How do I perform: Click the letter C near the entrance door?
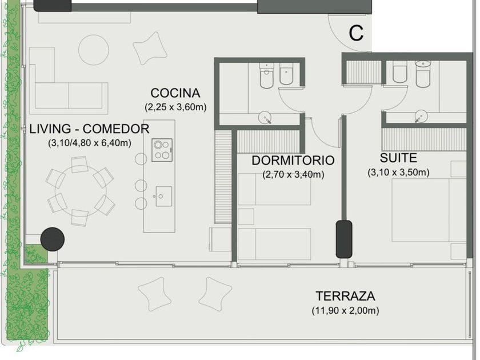coord(357,33)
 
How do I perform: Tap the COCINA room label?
coord(175,93)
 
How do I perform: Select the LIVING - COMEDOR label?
coord(89,129)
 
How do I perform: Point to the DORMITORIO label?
coord(293,161)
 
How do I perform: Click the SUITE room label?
coord(398,158)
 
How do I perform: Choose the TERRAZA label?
coord(345,296)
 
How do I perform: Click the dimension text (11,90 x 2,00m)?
coord(345,310)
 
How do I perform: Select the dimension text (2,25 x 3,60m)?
coord(175,107)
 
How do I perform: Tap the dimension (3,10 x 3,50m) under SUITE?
coord(398,173)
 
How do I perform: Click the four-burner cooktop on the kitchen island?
coord(162,150)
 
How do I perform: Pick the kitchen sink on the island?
coord(163,196)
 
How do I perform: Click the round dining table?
coord(81,191)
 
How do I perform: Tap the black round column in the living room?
coord(53,239)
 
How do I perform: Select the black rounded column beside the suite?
coord(344,239)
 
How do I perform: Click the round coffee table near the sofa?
coord(93,50)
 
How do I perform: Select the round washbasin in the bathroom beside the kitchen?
coord(265,118)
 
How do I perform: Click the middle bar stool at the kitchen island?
coord(141,186)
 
